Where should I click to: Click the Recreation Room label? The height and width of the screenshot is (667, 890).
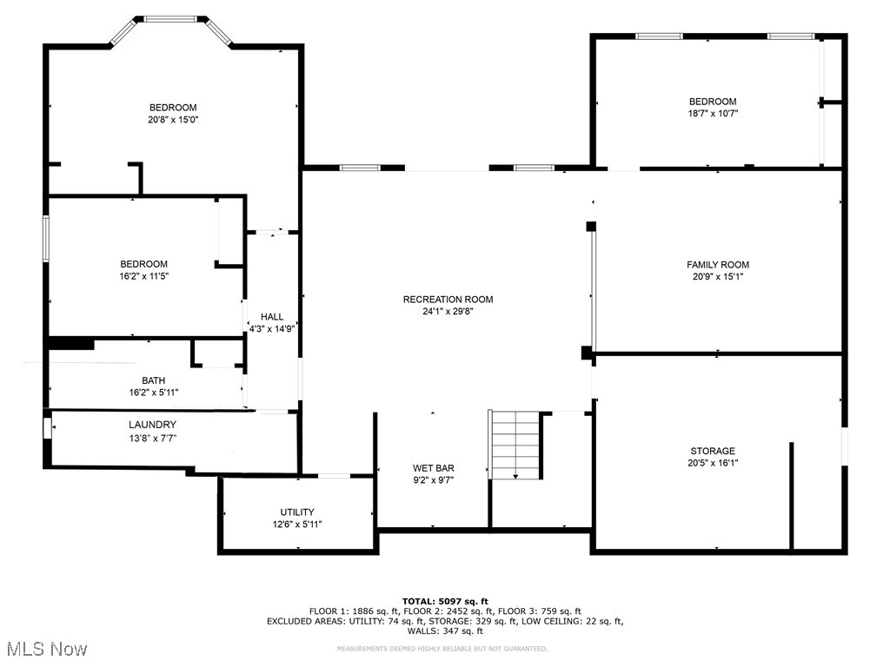(x=448, y=300)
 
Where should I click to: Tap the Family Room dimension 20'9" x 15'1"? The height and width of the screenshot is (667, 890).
(x=717, y=277)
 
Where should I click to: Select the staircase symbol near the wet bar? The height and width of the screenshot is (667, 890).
(x=516, y=444)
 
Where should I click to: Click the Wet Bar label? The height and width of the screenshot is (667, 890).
(x=433, y=468)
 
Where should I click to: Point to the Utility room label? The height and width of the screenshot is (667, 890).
(x=297, y=512)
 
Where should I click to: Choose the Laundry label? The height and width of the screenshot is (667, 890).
(x=153, y=425)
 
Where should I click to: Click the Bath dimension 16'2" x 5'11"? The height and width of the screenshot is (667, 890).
(x=153, y=393)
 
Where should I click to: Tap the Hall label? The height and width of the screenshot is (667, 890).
(x=272, y=317)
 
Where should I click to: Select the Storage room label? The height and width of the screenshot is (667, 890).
(x=713, y=451)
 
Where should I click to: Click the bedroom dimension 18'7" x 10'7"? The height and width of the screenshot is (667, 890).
(x=713, y=113)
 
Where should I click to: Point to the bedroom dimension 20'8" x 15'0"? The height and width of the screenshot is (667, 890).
(x=172, y=120)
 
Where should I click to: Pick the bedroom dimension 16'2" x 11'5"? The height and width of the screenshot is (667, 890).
(x=143, y=276)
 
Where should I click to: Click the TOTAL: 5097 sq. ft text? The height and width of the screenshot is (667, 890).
(x=445, y=601)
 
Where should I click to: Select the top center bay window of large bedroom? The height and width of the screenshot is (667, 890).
(x=169, y=18)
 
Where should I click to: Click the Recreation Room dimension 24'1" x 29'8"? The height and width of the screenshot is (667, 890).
(x=448, y=312)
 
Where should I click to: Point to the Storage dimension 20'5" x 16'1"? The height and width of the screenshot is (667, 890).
(x=713, y=463)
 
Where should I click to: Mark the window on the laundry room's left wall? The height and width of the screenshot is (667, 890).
(x=48, y=430)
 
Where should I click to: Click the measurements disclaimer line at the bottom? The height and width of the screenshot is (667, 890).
(x=442, y=649)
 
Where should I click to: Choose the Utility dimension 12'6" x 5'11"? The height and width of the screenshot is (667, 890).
(x=297, y=524)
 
